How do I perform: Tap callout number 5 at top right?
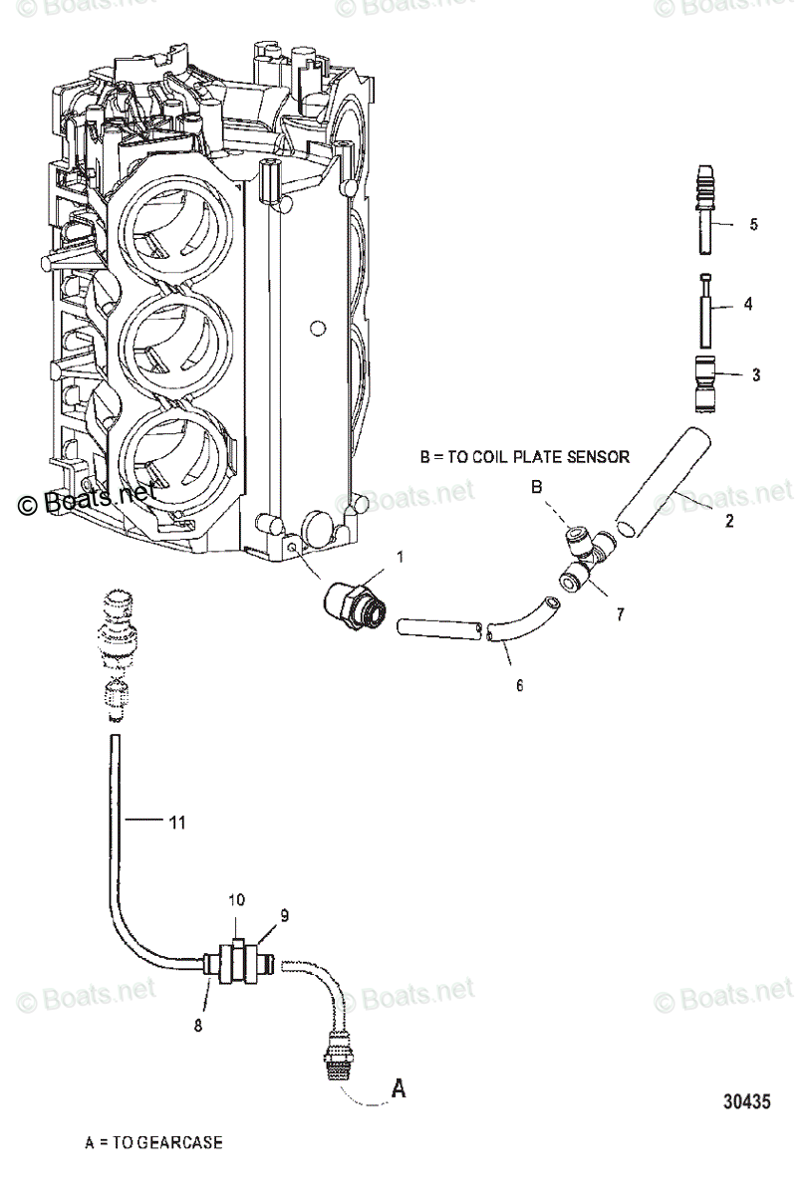point(753,225)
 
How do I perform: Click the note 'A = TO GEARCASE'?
point(153,1143)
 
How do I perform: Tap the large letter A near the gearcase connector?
point(398,1088)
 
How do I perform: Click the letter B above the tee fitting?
point(535,488)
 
